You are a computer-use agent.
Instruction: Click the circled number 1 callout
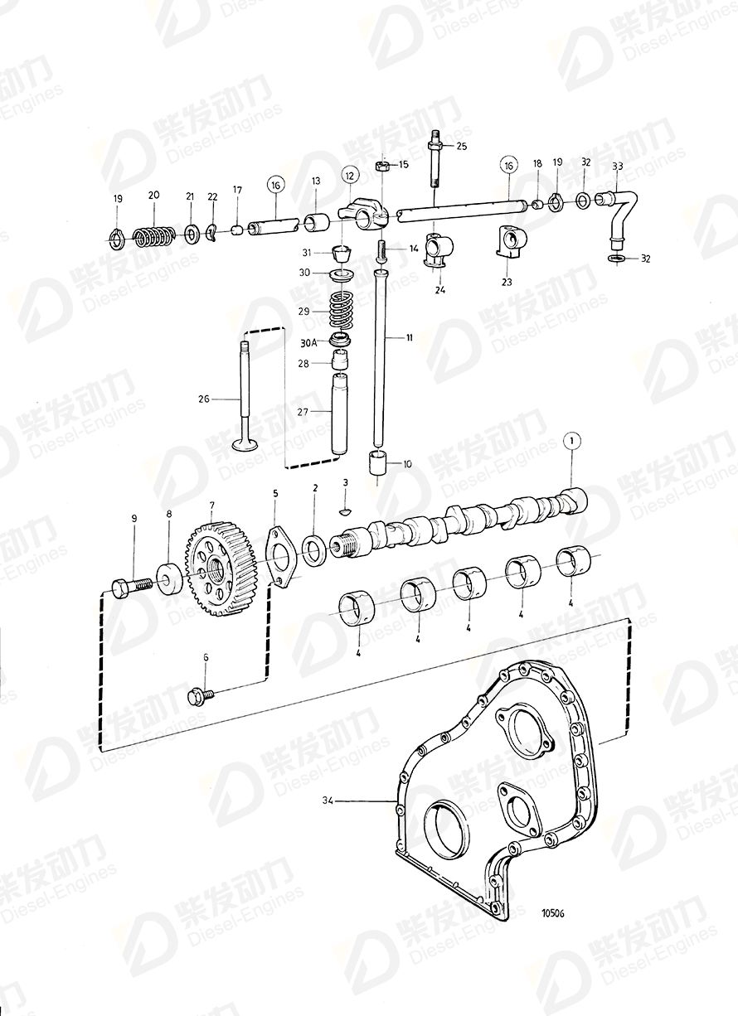(x=570, y=441)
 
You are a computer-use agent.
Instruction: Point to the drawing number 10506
(x=552, y=914)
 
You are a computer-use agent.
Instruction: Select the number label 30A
(x=308, y=342)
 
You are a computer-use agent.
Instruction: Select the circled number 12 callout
(x=347, y=175)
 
